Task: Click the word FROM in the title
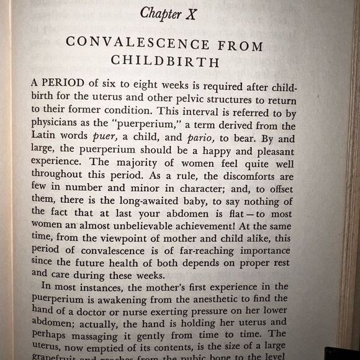tap(240, 45)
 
